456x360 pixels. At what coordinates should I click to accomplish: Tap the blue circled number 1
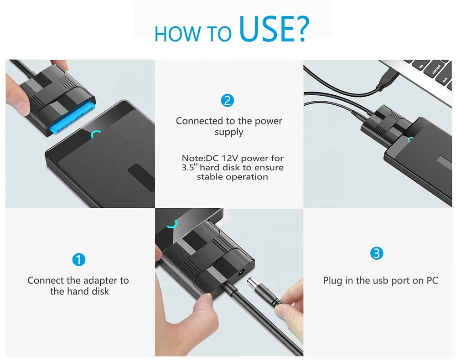tap(78, 259)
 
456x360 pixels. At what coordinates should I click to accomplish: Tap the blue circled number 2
tap(228, 101)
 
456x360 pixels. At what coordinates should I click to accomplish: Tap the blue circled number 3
tap(377, 253)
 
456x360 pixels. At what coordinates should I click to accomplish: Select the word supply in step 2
tap(229, 133)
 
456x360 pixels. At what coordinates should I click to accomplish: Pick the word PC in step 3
tap(432, 280)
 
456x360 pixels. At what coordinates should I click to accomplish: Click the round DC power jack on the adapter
tap(241, 273)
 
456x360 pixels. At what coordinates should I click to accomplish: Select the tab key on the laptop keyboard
tap(420, 65)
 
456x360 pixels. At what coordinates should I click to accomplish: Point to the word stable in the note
tap(207, 177)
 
